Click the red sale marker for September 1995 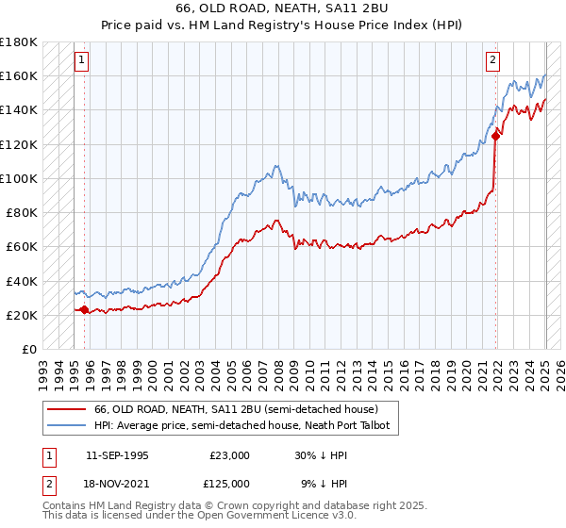(x=85, y=309)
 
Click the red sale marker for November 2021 (x=495, y=136)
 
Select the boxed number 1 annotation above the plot (x=82, y=60)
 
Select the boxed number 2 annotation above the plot (x=492, y=60)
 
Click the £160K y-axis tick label (x=19, y=75)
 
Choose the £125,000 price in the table (x=230, y=483)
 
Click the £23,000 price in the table (x=230, y=455)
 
